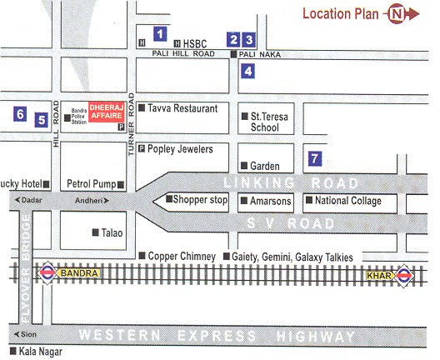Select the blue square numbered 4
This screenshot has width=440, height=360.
pos(248,72)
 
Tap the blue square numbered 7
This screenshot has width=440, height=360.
pos(314,157)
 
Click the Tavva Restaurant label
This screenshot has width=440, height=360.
pos(182,108)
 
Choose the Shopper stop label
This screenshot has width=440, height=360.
pos(200,200)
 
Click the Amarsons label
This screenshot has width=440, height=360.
pos(267,201)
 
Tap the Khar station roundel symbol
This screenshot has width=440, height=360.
pos(403,274)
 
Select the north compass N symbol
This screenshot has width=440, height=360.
pos(396,13)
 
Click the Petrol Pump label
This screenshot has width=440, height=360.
pos(89,182)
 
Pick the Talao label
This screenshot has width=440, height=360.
pos(111,233)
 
